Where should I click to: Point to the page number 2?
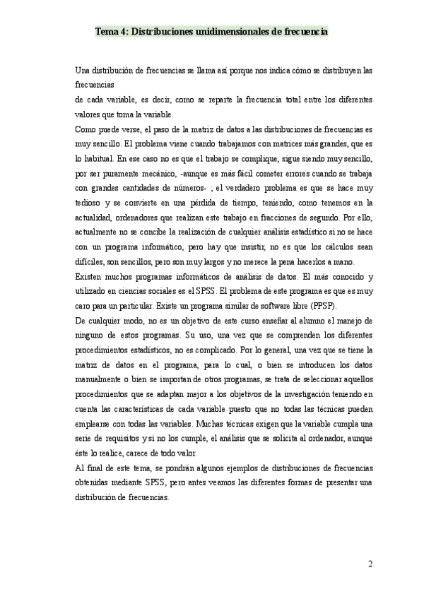pos(370,564)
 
